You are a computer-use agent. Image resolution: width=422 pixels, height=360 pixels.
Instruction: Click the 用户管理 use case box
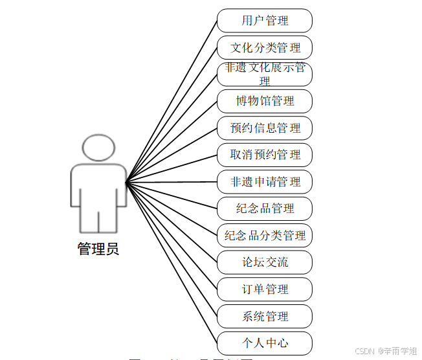[265, 21]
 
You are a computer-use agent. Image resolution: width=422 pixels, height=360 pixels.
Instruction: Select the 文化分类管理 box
[265, 48]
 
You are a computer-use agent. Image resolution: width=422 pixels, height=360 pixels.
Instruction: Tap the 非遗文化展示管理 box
[265, 74]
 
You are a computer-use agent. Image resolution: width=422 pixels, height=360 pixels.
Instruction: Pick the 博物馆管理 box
[265, 101]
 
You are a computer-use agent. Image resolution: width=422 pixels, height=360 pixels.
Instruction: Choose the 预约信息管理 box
[265, 128]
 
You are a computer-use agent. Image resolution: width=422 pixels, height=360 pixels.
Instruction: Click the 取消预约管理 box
[265, 155]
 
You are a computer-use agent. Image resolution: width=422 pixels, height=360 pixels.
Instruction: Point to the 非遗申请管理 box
[265, 182]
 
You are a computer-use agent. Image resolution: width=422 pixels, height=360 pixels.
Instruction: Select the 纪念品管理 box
[265, 208]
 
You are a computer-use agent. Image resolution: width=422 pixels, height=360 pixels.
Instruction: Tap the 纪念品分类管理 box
[265, 236]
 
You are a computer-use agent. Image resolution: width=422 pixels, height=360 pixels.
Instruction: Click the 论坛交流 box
[265, 262]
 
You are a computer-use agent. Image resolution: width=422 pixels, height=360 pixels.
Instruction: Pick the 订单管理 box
[265, 289]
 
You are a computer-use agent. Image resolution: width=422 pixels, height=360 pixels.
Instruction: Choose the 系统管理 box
[265, 317]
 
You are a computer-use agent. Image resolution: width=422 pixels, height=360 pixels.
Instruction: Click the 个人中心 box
[265, 343]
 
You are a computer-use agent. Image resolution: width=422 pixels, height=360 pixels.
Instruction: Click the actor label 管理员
[98, 249]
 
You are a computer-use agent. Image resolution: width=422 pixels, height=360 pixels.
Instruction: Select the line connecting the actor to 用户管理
[172, 101]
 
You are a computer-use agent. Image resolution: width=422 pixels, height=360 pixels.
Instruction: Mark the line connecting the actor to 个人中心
[172, 262]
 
